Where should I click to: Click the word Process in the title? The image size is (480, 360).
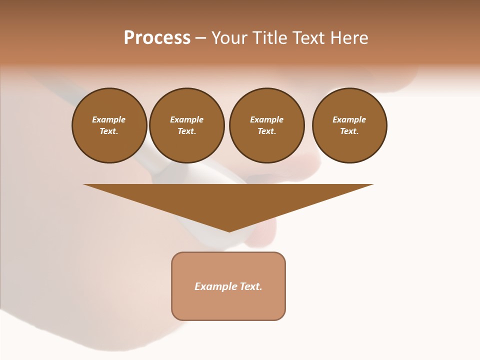click(x=157, y=38)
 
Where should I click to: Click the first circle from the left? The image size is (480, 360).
click(x=109, y=125)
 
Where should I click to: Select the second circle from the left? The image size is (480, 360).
click(x=187, y=125)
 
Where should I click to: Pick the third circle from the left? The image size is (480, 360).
click(x=266, y=125)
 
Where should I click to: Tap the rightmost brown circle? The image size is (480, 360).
click(x=349, y=125)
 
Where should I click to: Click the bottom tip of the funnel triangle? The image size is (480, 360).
click(x=229, y=230)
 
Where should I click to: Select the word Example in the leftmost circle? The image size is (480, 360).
click(x=109, y=119)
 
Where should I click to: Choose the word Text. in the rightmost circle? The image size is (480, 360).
click(x=349, y=131)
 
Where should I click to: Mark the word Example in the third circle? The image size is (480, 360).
click(x=266, y=119)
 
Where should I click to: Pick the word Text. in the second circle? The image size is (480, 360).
click(x=187, y=131)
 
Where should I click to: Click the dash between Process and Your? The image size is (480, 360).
click(x=200, y=38)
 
